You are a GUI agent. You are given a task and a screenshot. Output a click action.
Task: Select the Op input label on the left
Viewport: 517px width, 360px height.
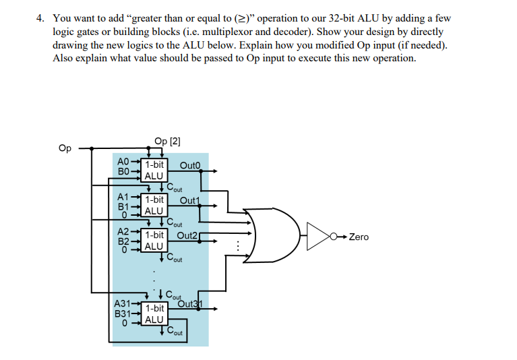point(65,148)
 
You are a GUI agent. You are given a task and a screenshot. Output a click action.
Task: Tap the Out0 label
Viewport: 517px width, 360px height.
point(191,166)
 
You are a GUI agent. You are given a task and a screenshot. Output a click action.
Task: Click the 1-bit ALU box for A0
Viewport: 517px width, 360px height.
point(154,170)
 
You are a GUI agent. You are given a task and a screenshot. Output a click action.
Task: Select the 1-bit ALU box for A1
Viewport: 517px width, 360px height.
point(154,205)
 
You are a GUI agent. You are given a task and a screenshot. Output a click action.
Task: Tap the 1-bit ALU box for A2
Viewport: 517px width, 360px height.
point(154,240)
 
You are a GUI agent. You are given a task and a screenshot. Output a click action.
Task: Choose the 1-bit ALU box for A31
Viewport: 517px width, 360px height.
point(154,313)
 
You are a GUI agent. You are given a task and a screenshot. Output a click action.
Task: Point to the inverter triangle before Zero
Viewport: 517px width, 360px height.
point(319,237)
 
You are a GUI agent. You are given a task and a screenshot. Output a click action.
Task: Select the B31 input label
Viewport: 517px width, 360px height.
point(121,313)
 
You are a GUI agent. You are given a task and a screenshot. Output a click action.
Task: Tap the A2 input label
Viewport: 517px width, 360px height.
point(123,232)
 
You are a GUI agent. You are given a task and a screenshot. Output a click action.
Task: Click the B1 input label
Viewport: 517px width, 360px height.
point(123,206)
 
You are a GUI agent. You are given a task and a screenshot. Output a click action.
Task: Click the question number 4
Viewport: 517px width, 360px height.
point(40,18)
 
